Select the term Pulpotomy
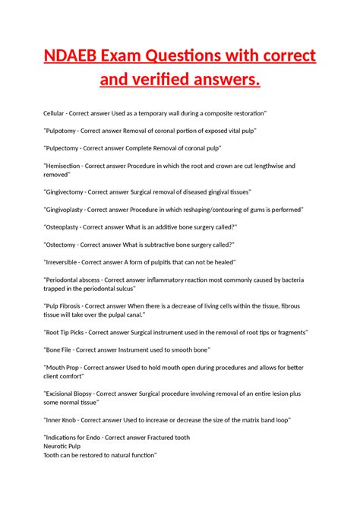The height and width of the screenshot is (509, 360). coord(64,131)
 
